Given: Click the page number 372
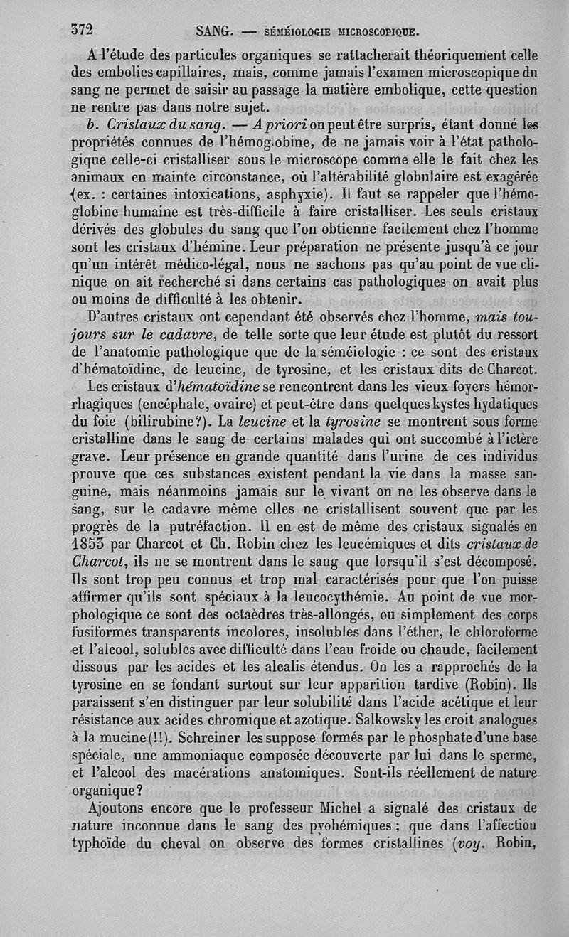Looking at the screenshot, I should (x=83, y=31).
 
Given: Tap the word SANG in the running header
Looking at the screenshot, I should (x=211, y=31).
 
